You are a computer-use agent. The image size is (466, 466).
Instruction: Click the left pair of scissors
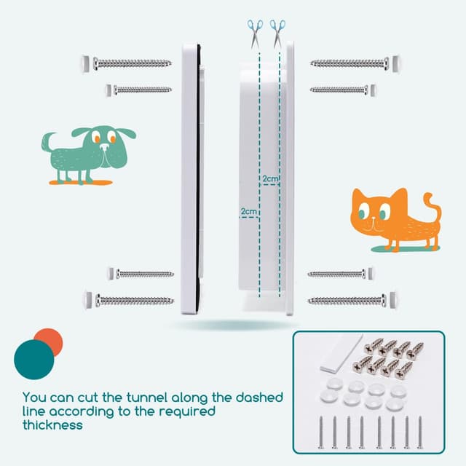255,34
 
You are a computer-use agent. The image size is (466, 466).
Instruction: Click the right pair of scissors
277,34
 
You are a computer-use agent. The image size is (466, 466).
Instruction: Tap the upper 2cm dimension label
270,178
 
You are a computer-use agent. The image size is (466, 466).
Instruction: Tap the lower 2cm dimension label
248,211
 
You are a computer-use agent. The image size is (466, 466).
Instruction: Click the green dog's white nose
105,146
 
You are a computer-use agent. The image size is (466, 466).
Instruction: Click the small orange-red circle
50,341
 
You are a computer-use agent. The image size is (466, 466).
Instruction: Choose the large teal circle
34,360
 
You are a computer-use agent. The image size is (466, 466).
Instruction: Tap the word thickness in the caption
52,424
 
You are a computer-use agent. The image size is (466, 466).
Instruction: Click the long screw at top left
133,63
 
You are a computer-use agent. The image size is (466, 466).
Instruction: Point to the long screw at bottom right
347,301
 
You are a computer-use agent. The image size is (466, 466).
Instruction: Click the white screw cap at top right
395,63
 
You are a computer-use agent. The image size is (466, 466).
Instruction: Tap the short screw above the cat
339,90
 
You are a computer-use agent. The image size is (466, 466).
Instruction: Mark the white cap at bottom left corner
89,300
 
